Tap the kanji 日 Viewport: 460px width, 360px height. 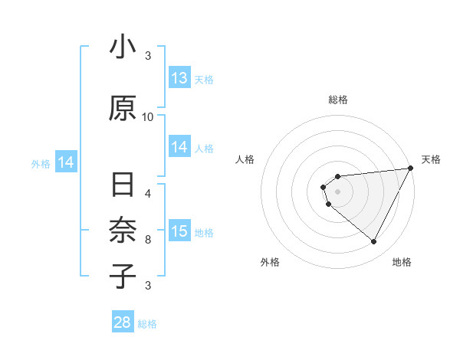click(x=123, y=186)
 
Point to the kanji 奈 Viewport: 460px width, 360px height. click(x=123, y=230)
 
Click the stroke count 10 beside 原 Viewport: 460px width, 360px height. click(x=148, y=116)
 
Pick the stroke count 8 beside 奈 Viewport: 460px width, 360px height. click(x=148, y=239)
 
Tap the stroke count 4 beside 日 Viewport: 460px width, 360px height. click(x=148, y=193)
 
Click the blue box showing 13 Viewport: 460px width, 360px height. click(x=179, y=78)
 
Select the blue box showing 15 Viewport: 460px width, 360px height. click(x=179, y=231)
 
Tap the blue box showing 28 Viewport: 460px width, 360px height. click(x=123, y=322)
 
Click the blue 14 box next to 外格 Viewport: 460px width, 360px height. click(x=66, y=162)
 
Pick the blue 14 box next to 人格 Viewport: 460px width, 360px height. click(x=179, y=147)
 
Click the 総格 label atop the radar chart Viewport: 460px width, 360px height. click(x=337, y=99)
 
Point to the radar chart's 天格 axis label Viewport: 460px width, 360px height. click(x=431, y=159)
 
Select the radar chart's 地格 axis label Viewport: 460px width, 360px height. click(x=402, y=263)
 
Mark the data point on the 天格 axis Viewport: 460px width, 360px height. click(x=410, y=169)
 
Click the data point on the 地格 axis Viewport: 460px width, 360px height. click(x=374, y=242)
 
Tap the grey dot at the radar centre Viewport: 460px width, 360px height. click(x=337, y=191)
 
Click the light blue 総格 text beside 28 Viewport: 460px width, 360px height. click(x=147, y=324)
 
